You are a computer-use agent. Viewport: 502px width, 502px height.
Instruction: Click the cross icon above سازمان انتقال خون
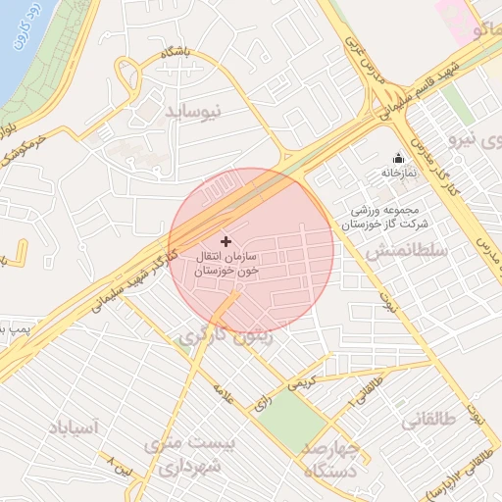(x=226, y=240)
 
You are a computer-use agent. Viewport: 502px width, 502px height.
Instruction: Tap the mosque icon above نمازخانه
(x=398, y=158)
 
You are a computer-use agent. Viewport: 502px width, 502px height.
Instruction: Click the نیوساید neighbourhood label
(x=193, y=110)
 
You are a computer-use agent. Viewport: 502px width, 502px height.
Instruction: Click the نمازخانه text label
(x=399, y=174)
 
